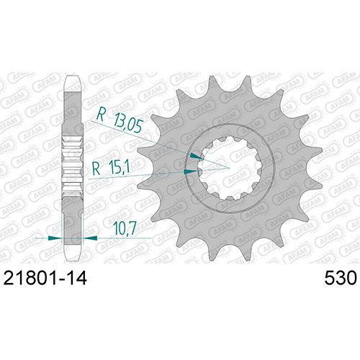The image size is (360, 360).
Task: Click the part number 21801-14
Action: pyautogui.click(x=45, y=279)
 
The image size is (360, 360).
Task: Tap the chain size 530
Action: pyautogui.click(x=340, y=279)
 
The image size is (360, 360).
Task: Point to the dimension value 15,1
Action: pyautogui.click(x=118, y=168)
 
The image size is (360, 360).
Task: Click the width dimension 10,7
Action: pyautogui.click(x=125, y=228)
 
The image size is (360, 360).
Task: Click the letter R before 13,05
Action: pyautogui.click(x=101, y=115)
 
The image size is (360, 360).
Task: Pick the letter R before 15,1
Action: pyautogui.click(x=96, y=168)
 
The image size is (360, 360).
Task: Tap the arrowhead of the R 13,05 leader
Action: pyautogui.click(x=197, y=156)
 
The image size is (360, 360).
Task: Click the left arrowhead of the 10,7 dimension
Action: pyautogui.click(x=55, y=238)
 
